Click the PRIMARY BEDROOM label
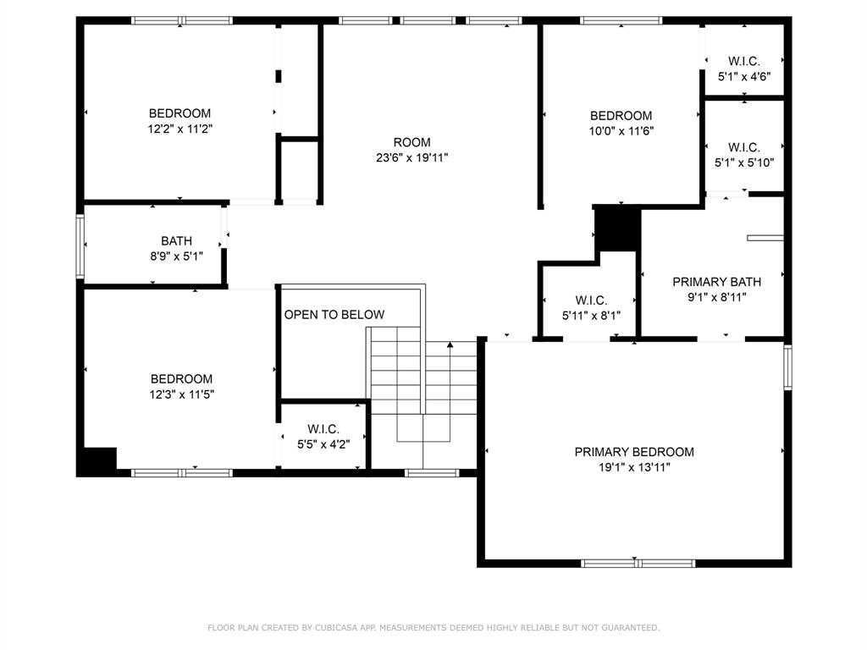634,452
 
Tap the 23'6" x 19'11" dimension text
412,157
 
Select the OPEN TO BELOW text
334,315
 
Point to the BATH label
176,241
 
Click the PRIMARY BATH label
716,282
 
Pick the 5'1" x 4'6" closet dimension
744,77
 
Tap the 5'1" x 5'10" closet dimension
744,162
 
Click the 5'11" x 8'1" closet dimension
591,316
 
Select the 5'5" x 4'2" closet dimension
323,444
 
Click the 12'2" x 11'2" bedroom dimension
180,129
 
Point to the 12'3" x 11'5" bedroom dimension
181,394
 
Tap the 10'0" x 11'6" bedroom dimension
621,131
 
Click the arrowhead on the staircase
450,345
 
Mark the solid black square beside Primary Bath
617,229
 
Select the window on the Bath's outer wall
80,246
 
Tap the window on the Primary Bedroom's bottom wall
638,563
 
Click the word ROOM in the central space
412,142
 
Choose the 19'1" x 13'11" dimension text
634,467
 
